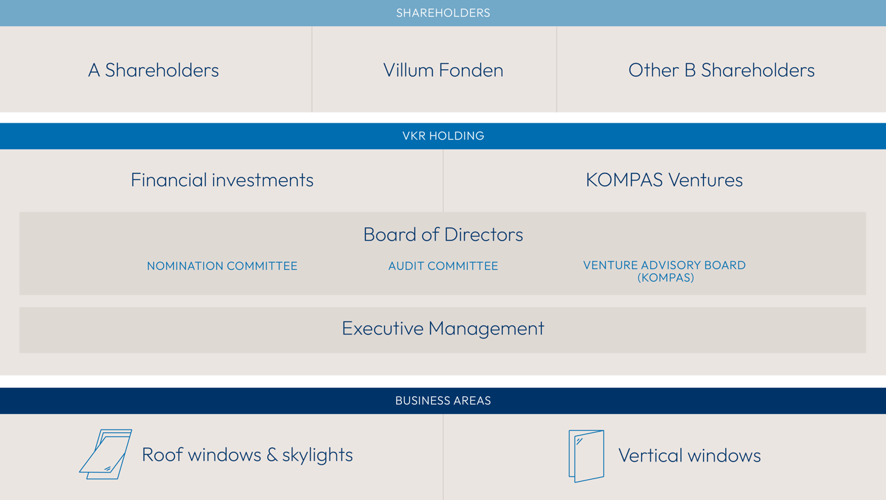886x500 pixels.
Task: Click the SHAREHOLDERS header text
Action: tap(443, 13)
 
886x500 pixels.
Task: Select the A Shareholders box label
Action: tap(154, 70)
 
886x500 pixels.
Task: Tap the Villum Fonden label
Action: tap(443, 70)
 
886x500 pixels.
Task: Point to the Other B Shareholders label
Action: tap(721, 70)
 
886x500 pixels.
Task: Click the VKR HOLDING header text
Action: tap(443, 136)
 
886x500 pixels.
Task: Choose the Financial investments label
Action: tap(222, 180)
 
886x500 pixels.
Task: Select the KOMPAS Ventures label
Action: tap(664, 180)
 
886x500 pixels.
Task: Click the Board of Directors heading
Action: tap(443, 235)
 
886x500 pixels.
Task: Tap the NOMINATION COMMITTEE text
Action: tap(222, 266)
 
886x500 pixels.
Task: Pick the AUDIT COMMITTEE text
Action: tap(443, 266)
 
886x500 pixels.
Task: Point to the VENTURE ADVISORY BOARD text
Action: tap(664, 265)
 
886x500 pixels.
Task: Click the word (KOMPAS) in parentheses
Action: tap(665, 278)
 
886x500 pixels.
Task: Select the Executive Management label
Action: tap(443, 329)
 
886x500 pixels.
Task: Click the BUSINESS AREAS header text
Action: tap(443, 400)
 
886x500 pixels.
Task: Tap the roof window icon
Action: tap(106, 454)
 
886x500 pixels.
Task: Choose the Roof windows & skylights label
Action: tap(247, 455)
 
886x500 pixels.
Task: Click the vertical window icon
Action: tap(586, 456)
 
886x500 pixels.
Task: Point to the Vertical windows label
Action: tap(689, 456)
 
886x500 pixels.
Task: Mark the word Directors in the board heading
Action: tap(484, 235)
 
